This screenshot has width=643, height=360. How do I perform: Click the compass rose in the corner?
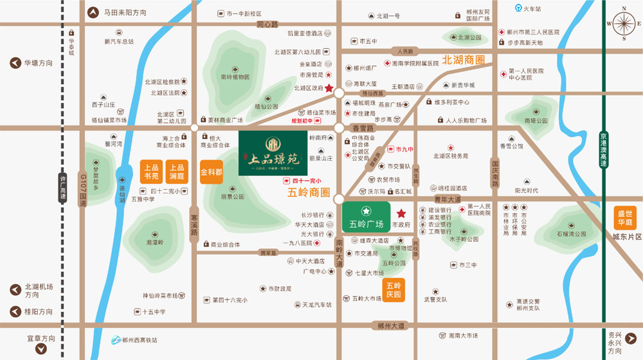(623, 25)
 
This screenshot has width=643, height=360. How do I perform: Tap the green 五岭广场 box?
(365, 217)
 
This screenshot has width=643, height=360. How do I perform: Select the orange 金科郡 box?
(212, 172)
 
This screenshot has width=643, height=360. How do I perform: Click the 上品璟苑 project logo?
(273, 153)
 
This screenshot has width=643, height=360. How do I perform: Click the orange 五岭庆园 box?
(393, 290)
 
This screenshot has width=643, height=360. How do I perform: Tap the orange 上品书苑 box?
(151, 172)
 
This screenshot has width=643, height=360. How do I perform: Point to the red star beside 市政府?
(401, 213)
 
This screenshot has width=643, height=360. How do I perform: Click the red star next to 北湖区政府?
(329, 89)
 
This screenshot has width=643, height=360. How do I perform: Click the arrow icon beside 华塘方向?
(15, 63)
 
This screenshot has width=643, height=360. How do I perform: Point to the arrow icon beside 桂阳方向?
(15, 312)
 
